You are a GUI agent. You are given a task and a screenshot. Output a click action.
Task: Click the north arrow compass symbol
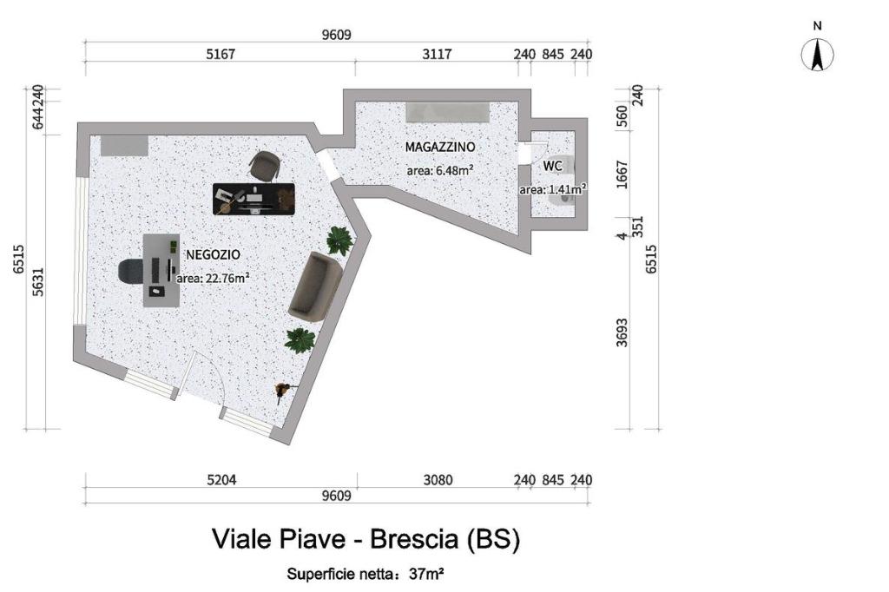click(817, 56)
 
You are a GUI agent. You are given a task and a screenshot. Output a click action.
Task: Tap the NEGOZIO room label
click(214, 254)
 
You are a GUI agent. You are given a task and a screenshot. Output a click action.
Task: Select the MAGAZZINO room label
click(440, 147)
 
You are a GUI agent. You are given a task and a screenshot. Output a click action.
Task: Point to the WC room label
click(553, 166)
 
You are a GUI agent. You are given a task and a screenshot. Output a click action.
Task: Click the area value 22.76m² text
click(214, 279)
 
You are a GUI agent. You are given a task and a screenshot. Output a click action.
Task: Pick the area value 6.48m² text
click(440, 170)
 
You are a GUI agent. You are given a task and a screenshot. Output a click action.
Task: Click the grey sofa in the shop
click(314, 287)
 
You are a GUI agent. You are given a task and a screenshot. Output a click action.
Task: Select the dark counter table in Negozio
click(254, 199)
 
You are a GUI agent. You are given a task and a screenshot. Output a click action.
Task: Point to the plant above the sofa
click(340, 240)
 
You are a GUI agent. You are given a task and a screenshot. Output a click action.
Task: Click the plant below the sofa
click(300, 339)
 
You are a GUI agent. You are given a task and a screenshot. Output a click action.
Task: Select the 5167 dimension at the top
click(220, 55)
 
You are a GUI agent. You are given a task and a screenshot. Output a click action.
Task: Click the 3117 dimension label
click(438, 55)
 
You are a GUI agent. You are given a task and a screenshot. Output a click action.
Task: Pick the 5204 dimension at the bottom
click(221, 480)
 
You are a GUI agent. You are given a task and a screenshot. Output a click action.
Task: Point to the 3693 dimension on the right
click(622, 332)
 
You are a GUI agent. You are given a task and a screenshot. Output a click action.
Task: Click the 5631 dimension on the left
click(37, 282)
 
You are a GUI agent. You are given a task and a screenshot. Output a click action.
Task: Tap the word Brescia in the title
click(414, 538)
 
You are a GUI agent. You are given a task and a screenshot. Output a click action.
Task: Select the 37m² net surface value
click(427, 575)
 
